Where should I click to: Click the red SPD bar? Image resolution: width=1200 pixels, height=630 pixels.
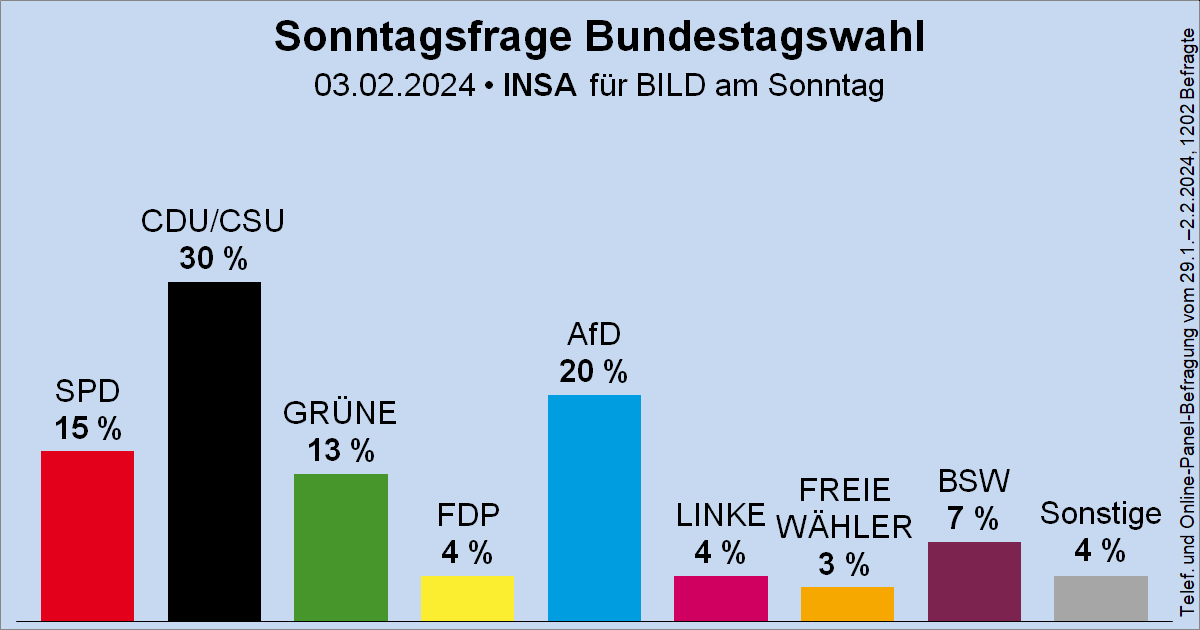pos(87,535)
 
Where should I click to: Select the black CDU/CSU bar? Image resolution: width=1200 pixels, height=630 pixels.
pos(214,450)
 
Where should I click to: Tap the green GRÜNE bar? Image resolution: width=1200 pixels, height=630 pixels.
pos(340,546)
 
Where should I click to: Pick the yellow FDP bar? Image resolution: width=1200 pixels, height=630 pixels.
pos(467,597)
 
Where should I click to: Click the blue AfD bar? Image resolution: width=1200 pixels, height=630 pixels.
pos(594,507)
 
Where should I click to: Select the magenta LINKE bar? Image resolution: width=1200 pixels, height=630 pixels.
pos(720,597)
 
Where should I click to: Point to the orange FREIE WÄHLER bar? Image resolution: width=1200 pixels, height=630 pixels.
pos(847,603)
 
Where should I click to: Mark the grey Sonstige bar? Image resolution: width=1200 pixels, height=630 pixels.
pos(1100,597)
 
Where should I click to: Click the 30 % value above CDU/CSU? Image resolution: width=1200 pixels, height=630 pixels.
pos(214,259)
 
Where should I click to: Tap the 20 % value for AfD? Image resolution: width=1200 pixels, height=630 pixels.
pos(594,372)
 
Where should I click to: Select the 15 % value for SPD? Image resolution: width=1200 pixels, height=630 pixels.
pos(87,429)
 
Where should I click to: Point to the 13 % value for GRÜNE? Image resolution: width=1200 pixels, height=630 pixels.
pos(340,451)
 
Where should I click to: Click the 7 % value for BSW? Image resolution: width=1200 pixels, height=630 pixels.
pos(974,519)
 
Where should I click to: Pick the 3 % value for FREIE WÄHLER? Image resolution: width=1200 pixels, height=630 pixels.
pos(847,564)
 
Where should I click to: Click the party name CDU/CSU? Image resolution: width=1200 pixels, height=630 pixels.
pos(214,222)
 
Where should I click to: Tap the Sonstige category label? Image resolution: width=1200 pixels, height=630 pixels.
pos(1100,514)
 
